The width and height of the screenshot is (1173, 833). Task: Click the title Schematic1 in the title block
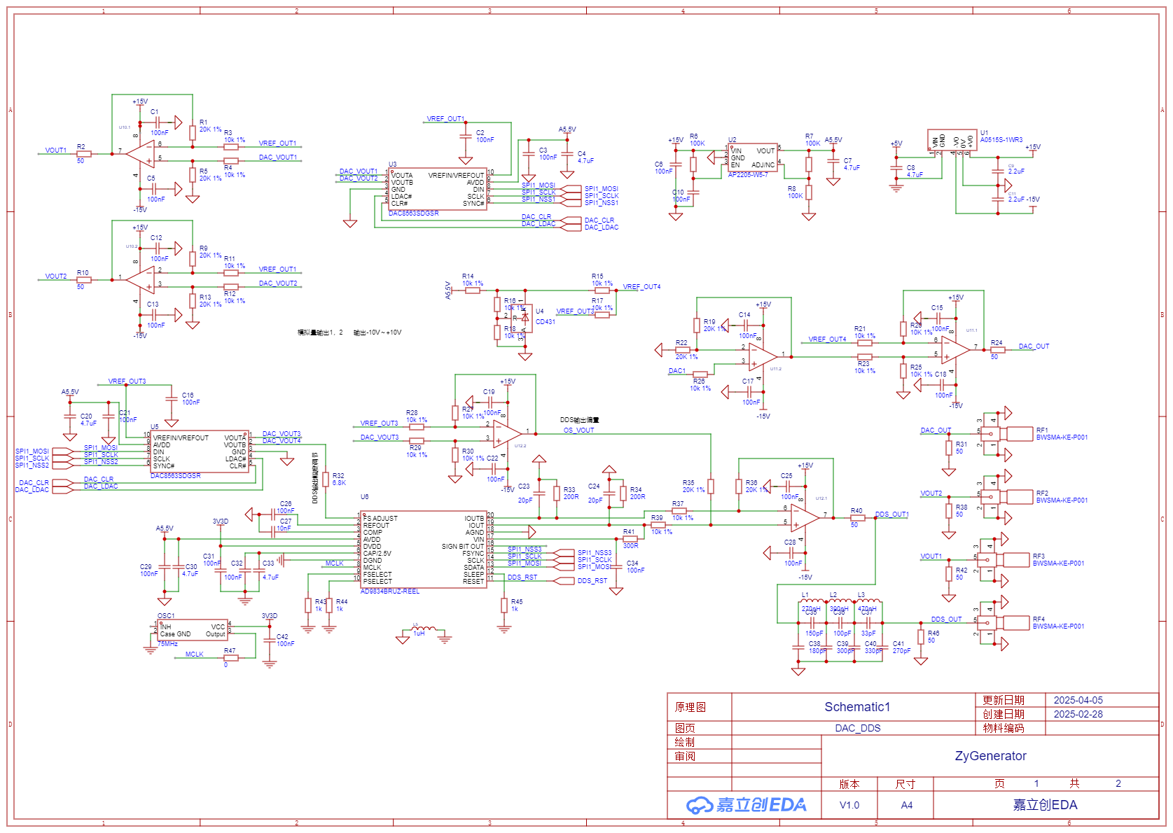point(856,707)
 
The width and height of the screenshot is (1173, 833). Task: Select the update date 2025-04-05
point(1078,700)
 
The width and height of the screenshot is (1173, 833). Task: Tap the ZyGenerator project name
point(990,756)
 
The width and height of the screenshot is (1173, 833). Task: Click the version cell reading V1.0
point(849,806)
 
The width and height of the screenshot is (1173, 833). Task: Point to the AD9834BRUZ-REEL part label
point(389,591)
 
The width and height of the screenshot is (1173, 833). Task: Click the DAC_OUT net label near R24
point(1034,346)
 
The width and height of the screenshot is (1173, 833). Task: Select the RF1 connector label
point(1042,430)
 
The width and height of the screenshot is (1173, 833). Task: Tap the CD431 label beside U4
point(545,322)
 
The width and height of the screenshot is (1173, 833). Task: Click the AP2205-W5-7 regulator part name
point(747,175)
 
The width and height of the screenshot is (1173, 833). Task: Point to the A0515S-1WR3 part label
point(1001,140)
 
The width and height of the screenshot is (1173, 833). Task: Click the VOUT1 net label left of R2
point(56,150)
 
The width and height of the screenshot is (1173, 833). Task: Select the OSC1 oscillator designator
point(166,616)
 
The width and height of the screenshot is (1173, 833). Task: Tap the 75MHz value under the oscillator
point(167,644)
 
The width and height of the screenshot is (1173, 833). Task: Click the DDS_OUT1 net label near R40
point(891,514)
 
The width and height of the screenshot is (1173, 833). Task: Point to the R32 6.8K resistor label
point(338,479)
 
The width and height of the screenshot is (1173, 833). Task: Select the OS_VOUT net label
point(578,430)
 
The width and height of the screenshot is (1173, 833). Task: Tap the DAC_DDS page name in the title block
point(857,728)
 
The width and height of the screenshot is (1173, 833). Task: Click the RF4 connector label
point(1039,619)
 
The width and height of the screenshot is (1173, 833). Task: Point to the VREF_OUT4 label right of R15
point(641,287)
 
